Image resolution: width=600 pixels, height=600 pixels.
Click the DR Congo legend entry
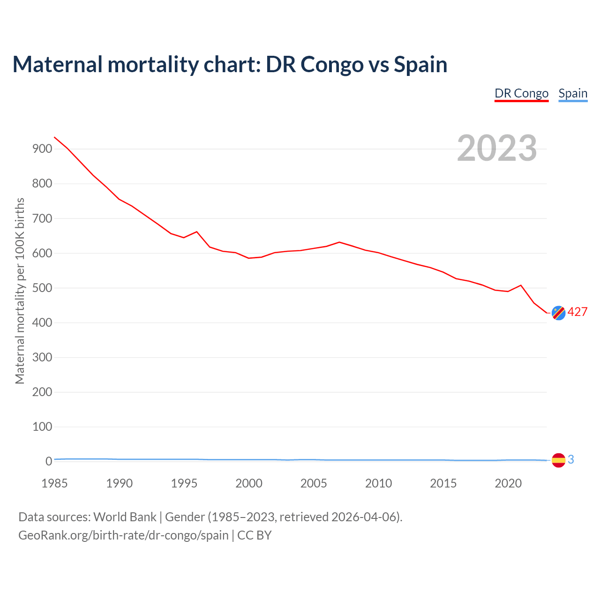point(521,93)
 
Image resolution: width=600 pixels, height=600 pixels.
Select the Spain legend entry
point(573,93)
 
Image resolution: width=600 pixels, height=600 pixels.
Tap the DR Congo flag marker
point(558,313)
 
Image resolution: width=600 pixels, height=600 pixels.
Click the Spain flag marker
point(558,460)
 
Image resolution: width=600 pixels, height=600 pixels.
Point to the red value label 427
point(577,312)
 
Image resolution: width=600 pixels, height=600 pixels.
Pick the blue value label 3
point(571,460)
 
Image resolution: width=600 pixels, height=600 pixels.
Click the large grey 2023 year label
point(497,148)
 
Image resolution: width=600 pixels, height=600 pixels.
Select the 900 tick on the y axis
point(42,149)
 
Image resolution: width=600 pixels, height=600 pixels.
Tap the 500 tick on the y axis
point(42,288)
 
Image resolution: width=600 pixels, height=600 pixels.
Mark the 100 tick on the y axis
point(42,427)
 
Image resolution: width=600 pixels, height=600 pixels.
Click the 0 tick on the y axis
point(48,462)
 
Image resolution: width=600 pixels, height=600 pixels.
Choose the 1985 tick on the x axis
point(54,484)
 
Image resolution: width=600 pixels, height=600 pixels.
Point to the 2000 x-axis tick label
point(249,484)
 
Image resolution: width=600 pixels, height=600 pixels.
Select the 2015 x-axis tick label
point(443,484)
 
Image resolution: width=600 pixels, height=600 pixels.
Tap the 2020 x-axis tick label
point(508,484)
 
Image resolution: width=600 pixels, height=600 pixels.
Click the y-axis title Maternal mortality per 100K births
point(20,291)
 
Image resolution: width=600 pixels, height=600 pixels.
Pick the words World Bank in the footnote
point(125,517)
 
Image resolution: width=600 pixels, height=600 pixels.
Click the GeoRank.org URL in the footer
point(123,535)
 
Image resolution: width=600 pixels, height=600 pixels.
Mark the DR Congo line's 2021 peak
point(521,285)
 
